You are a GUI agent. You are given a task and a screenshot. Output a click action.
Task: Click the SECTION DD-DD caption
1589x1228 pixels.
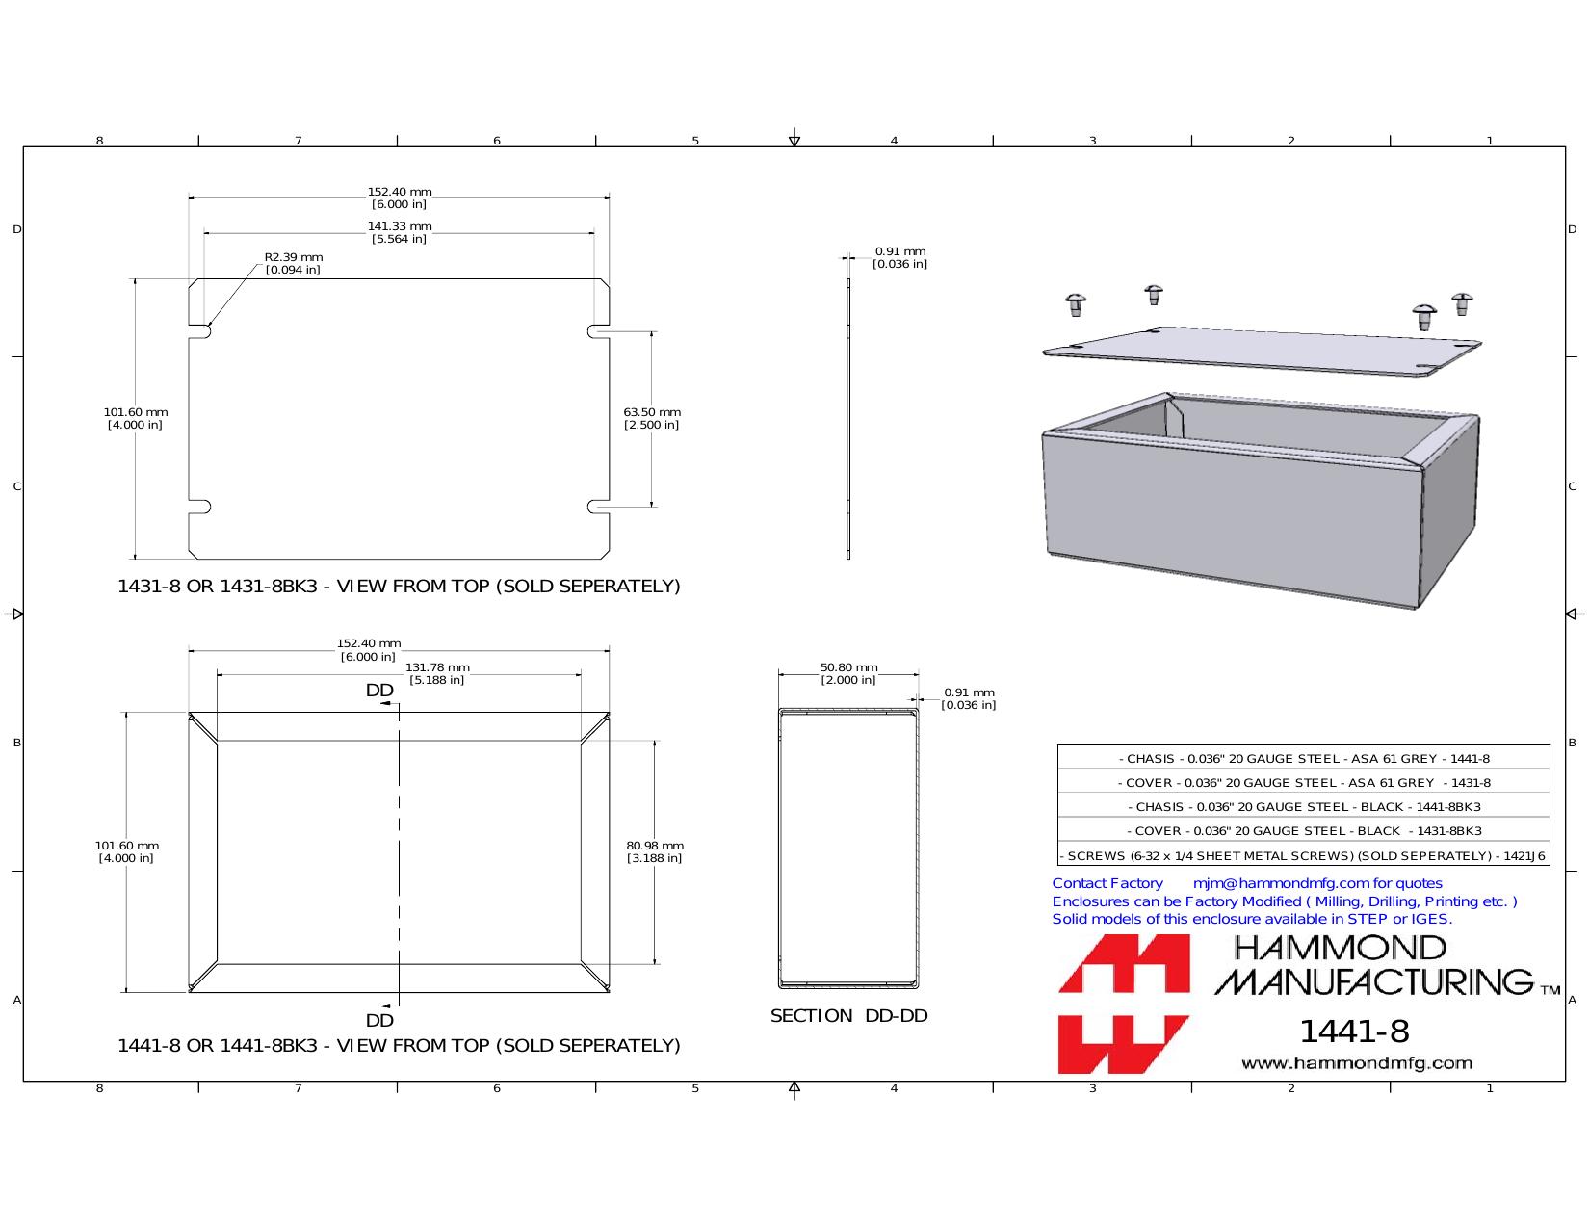[849, 1016]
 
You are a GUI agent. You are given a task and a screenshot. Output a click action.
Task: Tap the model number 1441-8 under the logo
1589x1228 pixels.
[1354, 1032]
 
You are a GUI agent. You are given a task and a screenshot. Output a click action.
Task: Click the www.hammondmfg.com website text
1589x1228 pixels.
[1357, 1063]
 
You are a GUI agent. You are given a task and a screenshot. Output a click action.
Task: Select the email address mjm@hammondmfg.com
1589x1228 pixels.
[1281, 883]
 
